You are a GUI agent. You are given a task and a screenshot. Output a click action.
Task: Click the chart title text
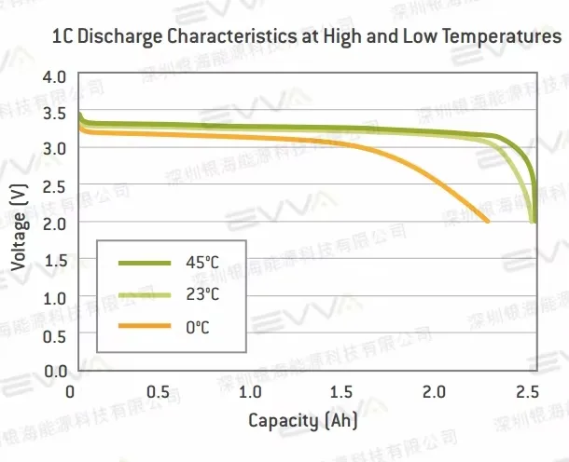pyautogui.click(x=294, y=37)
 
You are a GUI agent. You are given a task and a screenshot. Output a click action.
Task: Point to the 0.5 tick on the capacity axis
pyautogui.click(x=159, y=391)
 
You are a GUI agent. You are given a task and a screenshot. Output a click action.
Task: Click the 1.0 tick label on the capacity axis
pyautogui.click(x=250, y=391)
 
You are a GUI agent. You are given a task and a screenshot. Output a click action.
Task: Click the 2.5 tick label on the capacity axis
pyautogui.click(x=526, y=391)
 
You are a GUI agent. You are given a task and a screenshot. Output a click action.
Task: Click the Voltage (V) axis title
pyautogui.click(x=18, y=224)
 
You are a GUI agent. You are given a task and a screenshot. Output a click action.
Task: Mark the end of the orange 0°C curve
pyautogui.click(x=489, y=222)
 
